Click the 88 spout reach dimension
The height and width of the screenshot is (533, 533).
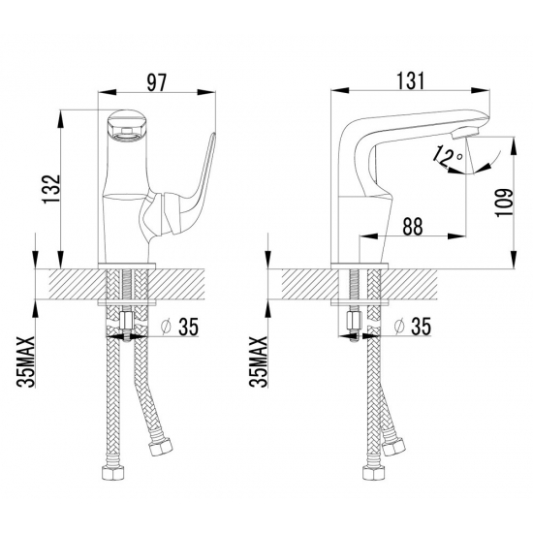click(413, 225)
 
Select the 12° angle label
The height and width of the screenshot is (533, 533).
click(447, 157)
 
